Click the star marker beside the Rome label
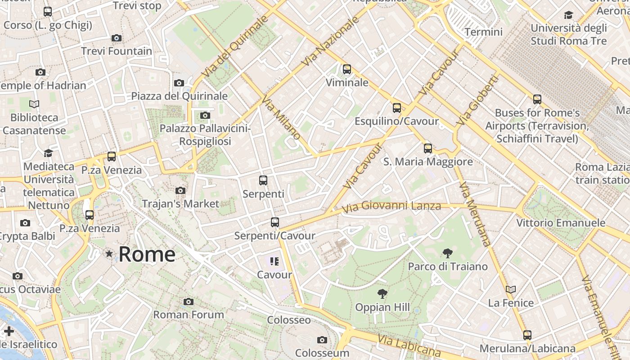tap(109, 254)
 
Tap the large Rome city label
tap(147, 254)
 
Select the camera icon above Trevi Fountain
tap(117, 38)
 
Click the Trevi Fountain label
tap(117, 51)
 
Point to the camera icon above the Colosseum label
tap(322, 340)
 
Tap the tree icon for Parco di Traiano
tap(447, 253)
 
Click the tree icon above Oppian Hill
tap(382, 294)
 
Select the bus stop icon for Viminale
tap(346, 69)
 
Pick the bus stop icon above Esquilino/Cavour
tap(396, 108)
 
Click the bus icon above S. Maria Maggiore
tap(427, 148)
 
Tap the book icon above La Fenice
tap(510, 289)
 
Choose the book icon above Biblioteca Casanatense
tap(34, 104)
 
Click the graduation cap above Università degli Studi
tap(568, 15)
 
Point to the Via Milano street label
tap(281, 118)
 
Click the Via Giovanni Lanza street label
tap(391, 207)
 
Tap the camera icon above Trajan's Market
tap(180, 191)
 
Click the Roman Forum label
tap(189, 315)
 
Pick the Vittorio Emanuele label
tap(560, 223)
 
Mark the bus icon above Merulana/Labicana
tap(527, 335)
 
